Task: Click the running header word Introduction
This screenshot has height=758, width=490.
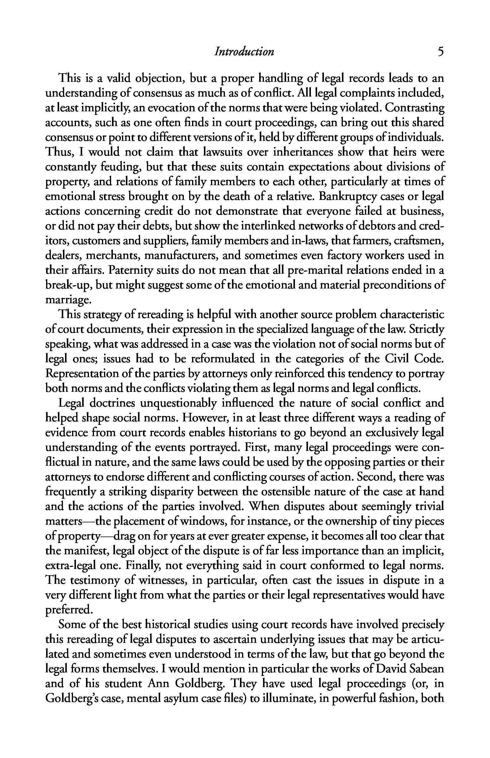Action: (244, 51)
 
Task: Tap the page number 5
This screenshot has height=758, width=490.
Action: (440, 51)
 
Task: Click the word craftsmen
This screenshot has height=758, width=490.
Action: (418, 241)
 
